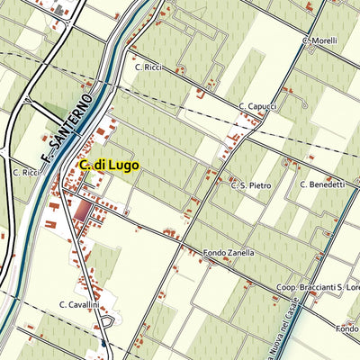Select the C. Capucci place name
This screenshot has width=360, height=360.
click(257, 106)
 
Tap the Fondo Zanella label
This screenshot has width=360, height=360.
click(229, 253)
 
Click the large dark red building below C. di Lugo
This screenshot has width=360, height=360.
click(82, 211)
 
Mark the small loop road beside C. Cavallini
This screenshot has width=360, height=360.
click(108, 320)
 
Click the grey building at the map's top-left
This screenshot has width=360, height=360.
click(60, 12)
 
